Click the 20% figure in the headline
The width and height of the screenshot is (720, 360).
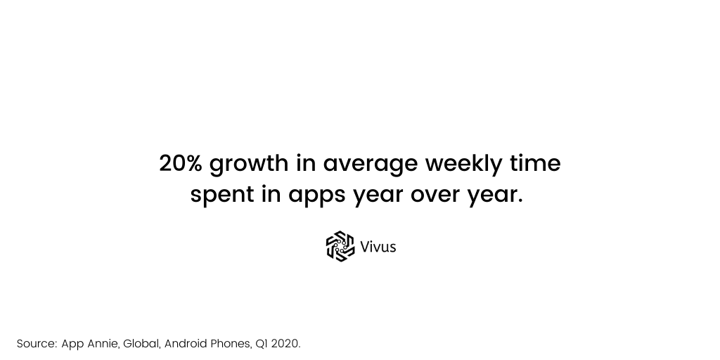coord(181,163)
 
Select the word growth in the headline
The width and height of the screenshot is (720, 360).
coord(249,165)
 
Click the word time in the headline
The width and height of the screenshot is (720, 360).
coord(535,163)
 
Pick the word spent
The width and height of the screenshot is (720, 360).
coord(222,195)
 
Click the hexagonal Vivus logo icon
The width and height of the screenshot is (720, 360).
coord(340,246)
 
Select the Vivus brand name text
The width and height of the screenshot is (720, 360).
coord(378,247)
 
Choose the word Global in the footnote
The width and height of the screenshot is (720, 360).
coord(142,344)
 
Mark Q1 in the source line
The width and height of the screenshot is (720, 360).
coord(262,343)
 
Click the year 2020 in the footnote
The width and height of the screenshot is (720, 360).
coord(285,343)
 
